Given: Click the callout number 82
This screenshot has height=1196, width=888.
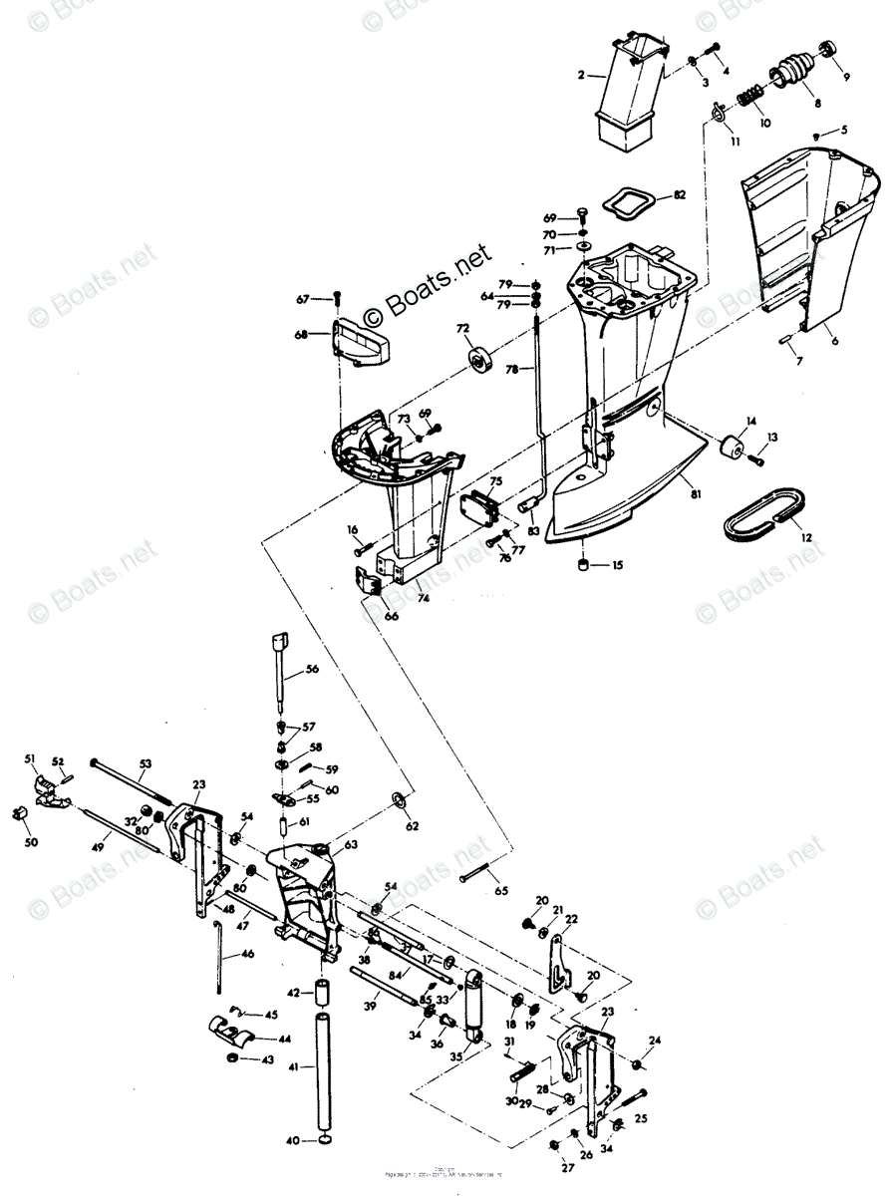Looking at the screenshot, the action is (x=679, y=194).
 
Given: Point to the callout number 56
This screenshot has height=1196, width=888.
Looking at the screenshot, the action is (x=312, y=669).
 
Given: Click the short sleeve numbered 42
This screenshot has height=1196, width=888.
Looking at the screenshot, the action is (x=322, y=994).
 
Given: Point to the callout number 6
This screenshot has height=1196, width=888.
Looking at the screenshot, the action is (x=833, y=341).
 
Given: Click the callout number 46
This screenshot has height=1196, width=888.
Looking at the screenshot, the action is (x=247, y=954).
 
